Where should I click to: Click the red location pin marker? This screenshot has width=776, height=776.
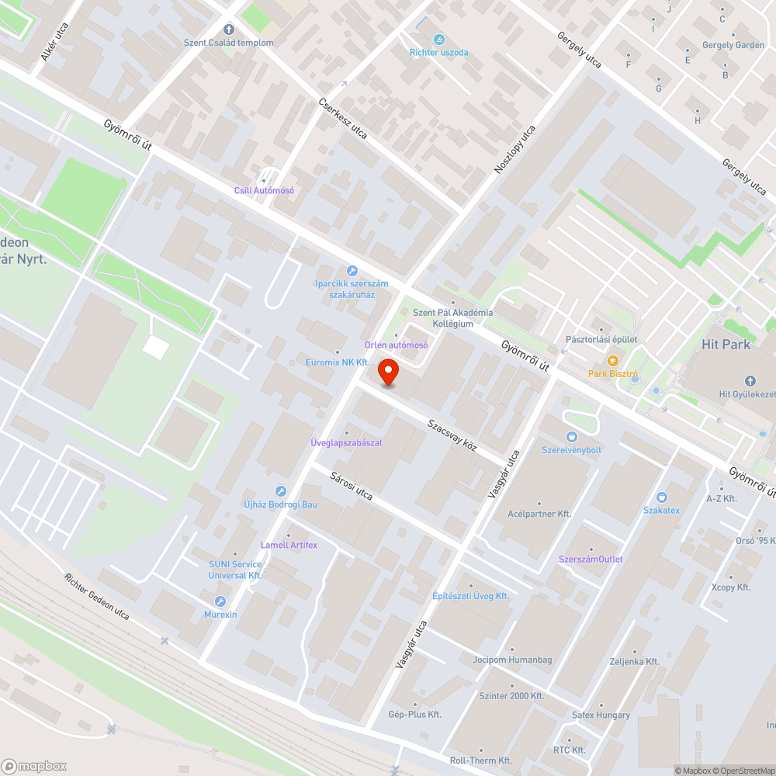tap(388, 372)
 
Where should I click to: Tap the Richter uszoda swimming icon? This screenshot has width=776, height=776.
tap(439, 40)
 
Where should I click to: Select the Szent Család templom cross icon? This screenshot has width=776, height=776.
tap(229, 29)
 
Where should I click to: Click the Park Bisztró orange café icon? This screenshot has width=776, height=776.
tap(612, 361)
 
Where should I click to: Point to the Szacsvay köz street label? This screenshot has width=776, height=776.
tap(452, 436)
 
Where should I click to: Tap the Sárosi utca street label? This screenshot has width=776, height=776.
tap(352, 486)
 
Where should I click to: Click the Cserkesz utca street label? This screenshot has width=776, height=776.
tap(343, 119)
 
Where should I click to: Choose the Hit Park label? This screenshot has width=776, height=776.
tap(726, 344)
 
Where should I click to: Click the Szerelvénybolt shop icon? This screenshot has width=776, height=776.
tap(572, 437)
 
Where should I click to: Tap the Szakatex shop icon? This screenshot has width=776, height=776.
tap(661, 497)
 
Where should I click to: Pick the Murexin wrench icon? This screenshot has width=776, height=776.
tap(220, 601)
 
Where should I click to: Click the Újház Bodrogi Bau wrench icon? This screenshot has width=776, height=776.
tap(281, 491)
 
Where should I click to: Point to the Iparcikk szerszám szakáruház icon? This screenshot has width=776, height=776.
tap(352, 271)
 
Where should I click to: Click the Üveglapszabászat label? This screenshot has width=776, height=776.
tap(346, 443)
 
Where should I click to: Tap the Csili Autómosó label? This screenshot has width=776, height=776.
tap(264, 190)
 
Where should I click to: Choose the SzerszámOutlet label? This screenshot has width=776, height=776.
tap(590, 559)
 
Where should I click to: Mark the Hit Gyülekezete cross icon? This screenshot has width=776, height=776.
tap(749, 381)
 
